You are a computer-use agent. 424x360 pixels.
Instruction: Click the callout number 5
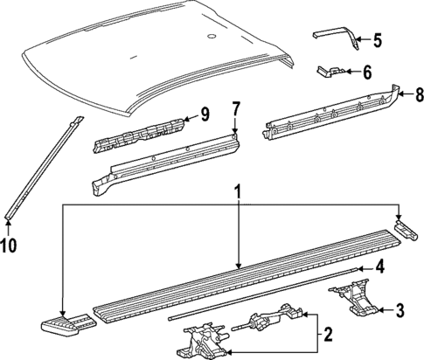coord(377,39)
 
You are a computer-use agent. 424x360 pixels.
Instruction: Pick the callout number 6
coord(366,73)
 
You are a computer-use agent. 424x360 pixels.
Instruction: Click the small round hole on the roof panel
coord(211,38)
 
